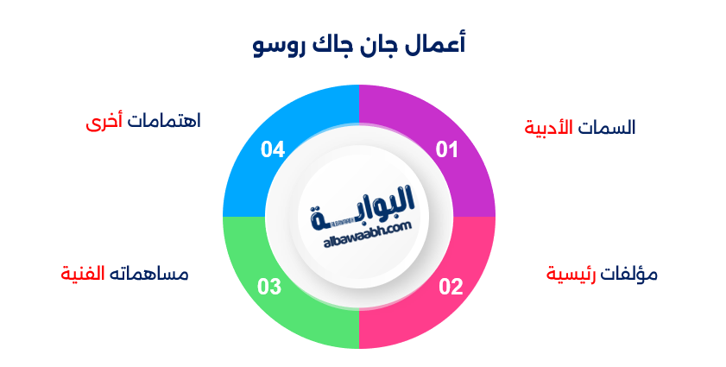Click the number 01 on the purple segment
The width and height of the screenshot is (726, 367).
[446, 150]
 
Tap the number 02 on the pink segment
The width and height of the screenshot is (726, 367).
[451, 287]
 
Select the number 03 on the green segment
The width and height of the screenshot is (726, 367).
[270, 287]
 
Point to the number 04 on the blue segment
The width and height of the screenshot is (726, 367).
[273, 150]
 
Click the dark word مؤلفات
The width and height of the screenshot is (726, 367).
[629, 275]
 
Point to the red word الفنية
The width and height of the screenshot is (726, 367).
[83, 275]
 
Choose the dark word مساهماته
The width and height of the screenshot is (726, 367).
[148, 275]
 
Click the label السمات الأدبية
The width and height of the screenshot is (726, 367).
[580, 128]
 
